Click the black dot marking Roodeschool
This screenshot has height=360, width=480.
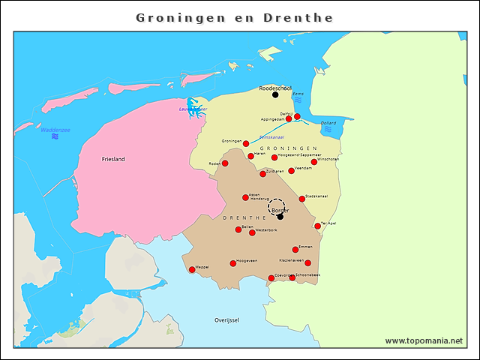275,95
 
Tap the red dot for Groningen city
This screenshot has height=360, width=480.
246,143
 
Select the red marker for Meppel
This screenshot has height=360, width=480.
192,270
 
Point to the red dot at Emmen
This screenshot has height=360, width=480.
295,250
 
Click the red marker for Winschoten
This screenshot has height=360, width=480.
314,162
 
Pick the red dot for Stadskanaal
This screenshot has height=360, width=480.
302,199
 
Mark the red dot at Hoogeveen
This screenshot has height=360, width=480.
233,263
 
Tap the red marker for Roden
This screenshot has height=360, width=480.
225,163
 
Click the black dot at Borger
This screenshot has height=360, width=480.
280,217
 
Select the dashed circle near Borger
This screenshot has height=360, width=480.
277,207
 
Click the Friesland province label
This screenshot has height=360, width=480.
113,160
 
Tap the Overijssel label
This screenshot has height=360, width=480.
226,320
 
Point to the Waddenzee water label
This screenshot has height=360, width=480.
55,130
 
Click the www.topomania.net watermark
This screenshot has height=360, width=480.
424,340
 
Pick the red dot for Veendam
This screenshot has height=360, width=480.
292,171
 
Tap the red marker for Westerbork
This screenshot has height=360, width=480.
252,232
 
